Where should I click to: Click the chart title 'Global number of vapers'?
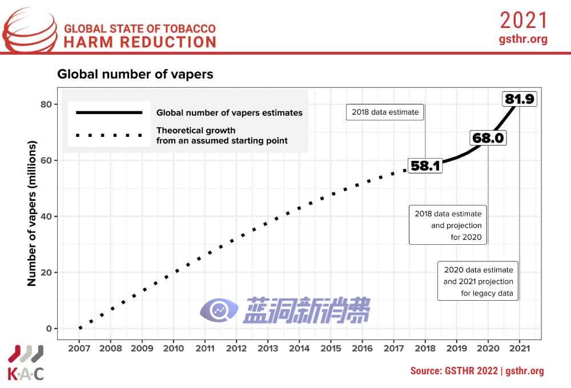[x=135, y=74]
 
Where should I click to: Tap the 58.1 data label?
[x=425, y=165]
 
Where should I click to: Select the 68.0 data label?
[x=488, y=138]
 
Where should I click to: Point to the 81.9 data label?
[x=519, y=99]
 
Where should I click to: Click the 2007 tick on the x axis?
[x=80, y=348]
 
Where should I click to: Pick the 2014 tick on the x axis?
[x=299, y=348]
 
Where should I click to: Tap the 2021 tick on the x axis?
[x=518, y=348]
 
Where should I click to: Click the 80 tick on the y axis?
[x=45, y=104]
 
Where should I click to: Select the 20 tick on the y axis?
[x=45, y=272]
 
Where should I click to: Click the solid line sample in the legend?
[x=105, y=112]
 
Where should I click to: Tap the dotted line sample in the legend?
[x=105, y=135]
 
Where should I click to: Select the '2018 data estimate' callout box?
[x=385, y=112]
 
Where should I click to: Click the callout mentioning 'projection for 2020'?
[x=448, y=225]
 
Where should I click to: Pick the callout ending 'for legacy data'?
[x=478, y=282]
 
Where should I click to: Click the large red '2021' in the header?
[x=524, y=21]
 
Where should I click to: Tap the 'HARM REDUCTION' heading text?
[x=140, y=42]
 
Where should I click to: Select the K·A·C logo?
[x=26, y=363]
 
